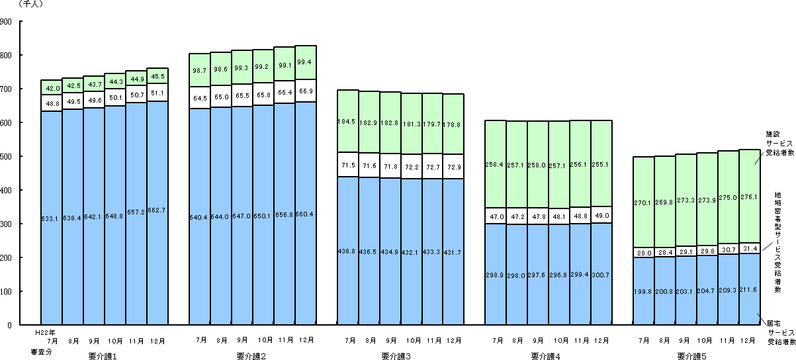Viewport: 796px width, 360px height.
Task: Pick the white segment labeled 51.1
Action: coord(157,93)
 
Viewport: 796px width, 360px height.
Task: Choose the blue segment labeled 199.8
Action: coord(644,291)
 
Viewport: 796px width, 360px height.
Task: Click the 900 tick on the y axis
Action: coord(7,22)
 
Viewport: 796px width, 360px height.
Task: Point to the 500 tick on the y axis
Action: coord(7,157)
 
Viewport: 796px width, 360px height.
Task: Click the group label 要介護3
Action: coord(396,355)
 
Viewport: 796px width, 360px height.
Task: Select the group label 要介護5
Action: coord(691,355)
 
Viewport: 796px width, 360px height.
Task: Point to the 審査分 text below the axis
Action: coord(42,351)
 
